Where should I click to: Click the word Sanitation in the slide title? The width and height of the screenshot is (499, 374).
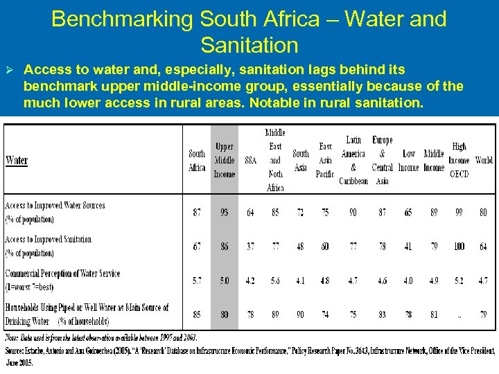(x=249, y=46)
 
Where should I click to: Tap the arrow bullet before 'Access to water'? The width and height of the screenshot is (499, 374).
(x=10, y=71)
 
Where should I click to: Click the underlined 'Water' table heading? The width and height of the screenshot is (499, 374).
(x=17, y=161)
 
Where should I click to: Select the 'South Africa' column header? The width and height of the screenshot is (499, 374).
(x=197, y=161)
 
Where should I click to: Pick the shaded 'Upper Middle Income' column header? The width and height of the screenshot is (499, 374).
(x=225, y=160)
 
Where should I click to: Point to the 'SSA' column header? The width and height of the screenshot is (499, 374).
(x=250, y=160)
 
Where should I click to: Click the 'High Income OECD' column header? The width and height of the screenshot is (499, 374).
(x=459, y=160)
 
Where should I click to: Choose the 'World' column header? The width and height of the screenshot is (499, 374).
(x=484, y=160)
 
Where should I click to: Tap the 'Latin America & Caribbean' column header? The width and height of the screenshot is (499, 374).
(x=353, y=160)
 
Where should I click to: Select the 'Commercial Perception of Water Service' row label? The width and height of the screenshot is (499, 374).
(x=62, y=274)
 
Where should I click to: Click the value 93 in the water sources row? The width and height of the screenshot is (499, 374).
(x=225, y=213)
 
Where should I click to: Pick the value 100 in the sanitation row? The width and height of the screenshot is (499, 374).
(x=459, y=247)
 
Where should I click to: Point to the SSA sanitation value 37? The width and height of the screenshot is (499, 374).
(x=250, y=247)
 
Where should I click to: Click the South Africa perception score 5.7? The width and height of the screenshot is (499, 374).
(x=197, y=280)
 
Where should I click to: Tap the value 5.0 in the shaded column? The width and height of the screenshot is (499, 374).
(x=225, y=280)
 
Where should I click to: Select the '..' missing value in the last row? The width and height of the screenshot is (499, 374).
(x=459, y=314)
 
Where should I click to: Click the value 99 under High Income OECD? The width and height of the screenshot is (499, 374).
(x=459, y=213)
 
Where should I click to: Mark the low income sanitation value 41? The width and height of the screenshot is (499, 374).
(x=409, y=247)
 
